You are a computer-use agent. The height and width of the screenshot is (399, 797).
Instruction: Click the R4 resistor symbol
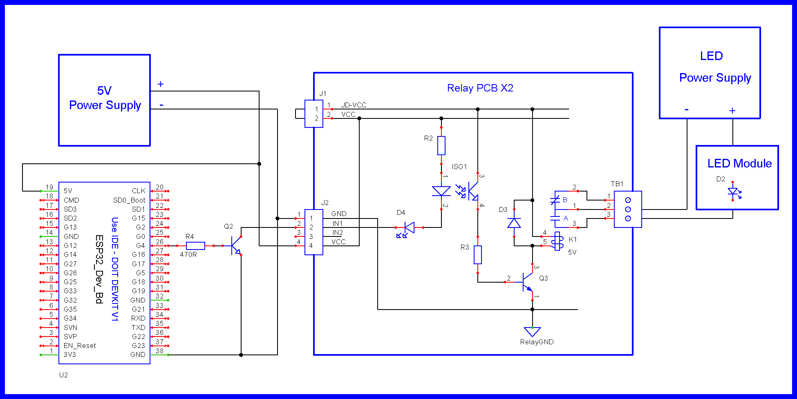coord(195,246)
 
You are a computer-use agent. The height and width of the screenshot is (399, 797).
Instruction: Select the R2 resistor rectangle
coord(441,146)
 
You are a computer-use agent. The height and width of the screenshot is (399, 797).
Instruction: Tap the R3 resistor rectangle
coord(478,255)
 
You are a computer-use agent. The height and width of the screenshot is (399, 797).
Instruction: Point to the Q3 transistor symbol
coord(527,282)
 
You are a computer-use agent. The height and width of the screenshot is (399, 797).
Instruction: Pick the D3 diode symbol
coord(514,223)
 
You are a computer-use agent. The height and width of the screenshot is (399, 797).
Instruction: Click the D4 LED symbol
coord(407,230)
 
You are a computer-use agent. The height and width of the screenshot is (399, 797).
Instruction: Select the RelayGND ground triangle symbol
coord(532,332)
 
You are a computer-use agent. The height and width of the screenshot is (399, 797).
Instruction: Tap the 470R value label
coord(188,254)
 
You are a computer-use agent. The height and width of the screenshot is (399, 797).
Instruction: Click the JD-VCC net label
coord(354,105)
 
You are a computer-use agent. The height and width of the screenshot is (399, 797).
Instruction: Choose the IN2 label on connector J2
coord(338,232)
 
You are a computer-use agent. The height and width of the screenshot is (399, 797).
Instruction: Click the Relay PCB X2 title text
coord(480,88)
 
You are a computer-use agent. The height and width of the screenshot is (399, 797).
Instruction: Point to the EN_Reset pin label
coord(80,346)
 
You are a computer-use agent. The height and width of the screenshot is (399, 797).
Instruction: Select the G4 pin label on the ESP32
coord(141,245)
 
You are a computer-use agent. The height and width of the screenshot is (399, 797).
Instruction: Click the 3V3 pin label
coord(70,354)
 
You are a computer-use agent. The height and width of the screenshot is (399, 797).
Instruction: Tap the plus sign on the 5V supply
coord(161,84)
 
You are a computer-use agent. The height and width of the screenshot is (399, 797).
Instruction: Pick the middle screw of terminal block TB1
coord(628,210)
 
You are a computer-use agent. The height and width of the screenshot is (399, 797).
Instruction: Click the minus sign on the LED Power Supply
coord(687,109)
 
